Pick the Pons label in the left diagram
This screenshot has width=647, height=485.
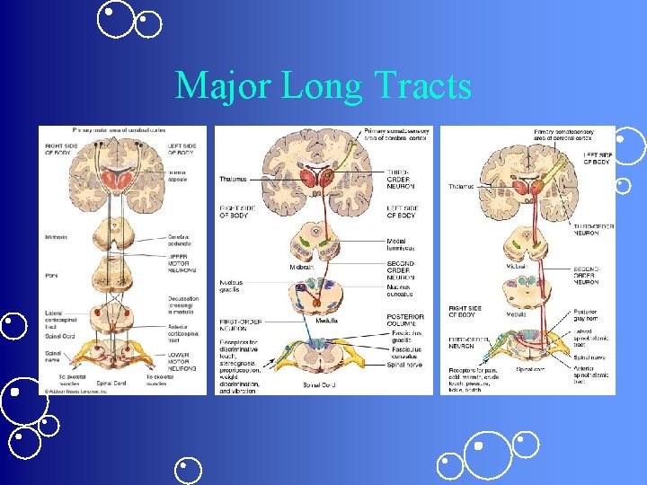[x=52, y=275]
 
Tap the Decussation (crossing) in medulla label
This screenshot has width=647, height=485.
[x=183, y=307]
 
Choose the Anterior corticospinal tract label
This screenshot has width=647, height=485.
[x=182, y=335]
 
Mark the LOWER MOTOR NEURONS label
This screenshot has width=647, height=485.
[x=183, y=363]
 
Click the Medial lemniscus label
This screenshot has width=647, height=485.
[x=402, y=244]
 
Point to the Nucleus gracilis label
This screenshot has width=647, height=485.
[x=232, y=285]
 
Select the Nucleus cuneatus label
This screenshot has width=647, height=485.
[x=401, y=289]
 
